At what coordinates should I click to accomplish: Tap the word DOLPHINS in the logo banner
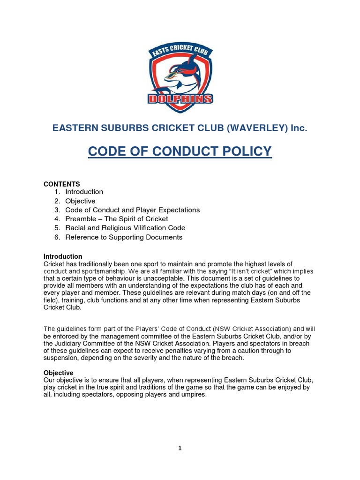point(180,99)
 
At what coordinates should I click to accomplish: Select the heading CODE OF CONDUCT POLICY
point(180,151)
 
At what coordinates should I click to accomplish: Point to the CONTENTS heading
point(62,184)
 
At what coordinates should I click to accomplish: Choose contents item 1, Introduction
point(84,192)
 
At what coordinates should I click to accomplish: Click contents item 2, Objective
point(80,201)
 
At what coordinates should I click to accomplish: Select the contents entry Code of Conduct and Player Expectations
point(132,210)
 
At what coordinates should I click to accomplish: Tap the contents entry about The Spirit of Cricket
point(116,219)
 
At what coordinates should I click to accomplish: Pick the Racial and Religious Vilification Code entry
point(125,228)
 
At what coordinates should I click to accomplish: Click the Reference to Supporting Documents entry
point(124,237)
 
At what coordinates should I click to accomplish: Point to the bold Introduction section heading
point(63,256)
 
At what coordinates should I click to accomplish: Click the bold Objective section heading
point(58,373)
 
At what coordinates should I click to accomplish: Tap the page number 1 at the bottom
point(180,448)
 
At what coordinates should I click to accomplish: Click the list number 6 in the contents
point(57,237)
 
